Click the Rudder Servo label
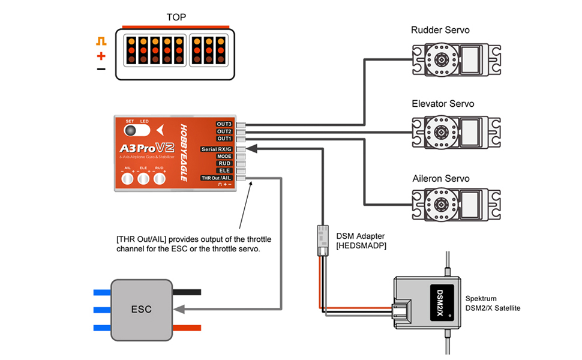pyautogui.click(x=440, y=30)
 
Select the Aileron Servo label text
pyautogui.click(x=441, y=179)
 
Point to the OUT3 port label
pyautogui.click(x=224, y=124)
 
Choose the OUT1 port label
pyautogui.click(x=224, y=139)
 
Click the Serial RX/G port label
pyautogui.click(x=217, y=149)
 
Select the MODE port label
pyautogui.click(x=224, y=156)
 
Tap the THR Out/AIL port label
pyautogui.click(x=216, y=178)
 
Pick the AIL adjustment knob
pyautogui.click(x=127, y=178)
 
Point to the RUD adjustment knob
pyautogui.click(x=160, y=178)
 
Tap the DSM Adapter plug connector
pyautogui.click(x=322, y=241)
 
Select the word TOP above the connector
pyautogui.click(x=176, y=17)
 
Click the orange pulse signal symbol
pyautogui.click(x=101, y=42)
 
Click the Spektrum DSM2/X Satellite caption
pyautogui.click(x=493, y=303)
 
